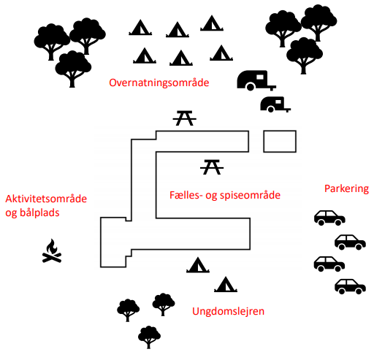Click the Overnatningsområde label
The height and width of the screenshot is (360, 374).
point(159,83)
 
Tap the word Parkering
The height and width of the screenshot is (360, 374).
point(346,189)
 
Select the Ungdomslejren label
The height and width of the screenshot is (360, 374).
point(228,311)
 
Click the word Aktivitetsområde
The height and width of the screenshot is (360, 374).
point(46,199)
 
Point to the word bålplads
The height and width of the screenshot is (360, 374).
point(32,212)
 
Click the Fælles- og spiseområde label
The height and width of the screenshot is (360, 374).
point(225,195)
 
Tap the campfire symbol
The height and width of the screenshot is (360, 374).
point(52,251)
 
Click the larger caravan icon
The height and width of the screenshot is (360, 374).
point(256,80)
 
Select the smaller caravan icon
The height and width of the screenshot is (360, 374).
point(275,104)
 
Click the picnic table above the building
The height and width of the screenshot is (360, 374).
point(185,118)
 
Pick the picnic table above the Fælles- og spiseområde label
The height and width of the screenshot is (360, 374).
point(212,167)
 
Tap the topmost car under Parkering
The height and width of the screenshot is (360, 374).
point(329,218)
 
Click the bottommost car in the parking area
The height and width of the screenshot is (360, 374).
point(350,286)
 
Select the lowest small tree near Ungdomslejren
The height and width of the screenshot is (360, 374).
point(149,337)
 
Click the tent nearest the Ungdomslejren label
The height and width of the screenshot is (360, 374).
point(226,284)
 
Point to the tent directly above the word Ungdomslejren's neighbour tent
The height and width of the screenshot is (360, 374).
point(198,265)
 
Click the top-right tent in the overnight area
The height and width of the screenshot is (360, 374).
point(212,23)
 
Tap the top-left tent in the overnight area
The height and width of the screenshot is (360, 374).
point(140,27)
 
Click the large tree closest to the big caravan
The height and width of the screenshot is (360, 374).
point(305,55)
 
